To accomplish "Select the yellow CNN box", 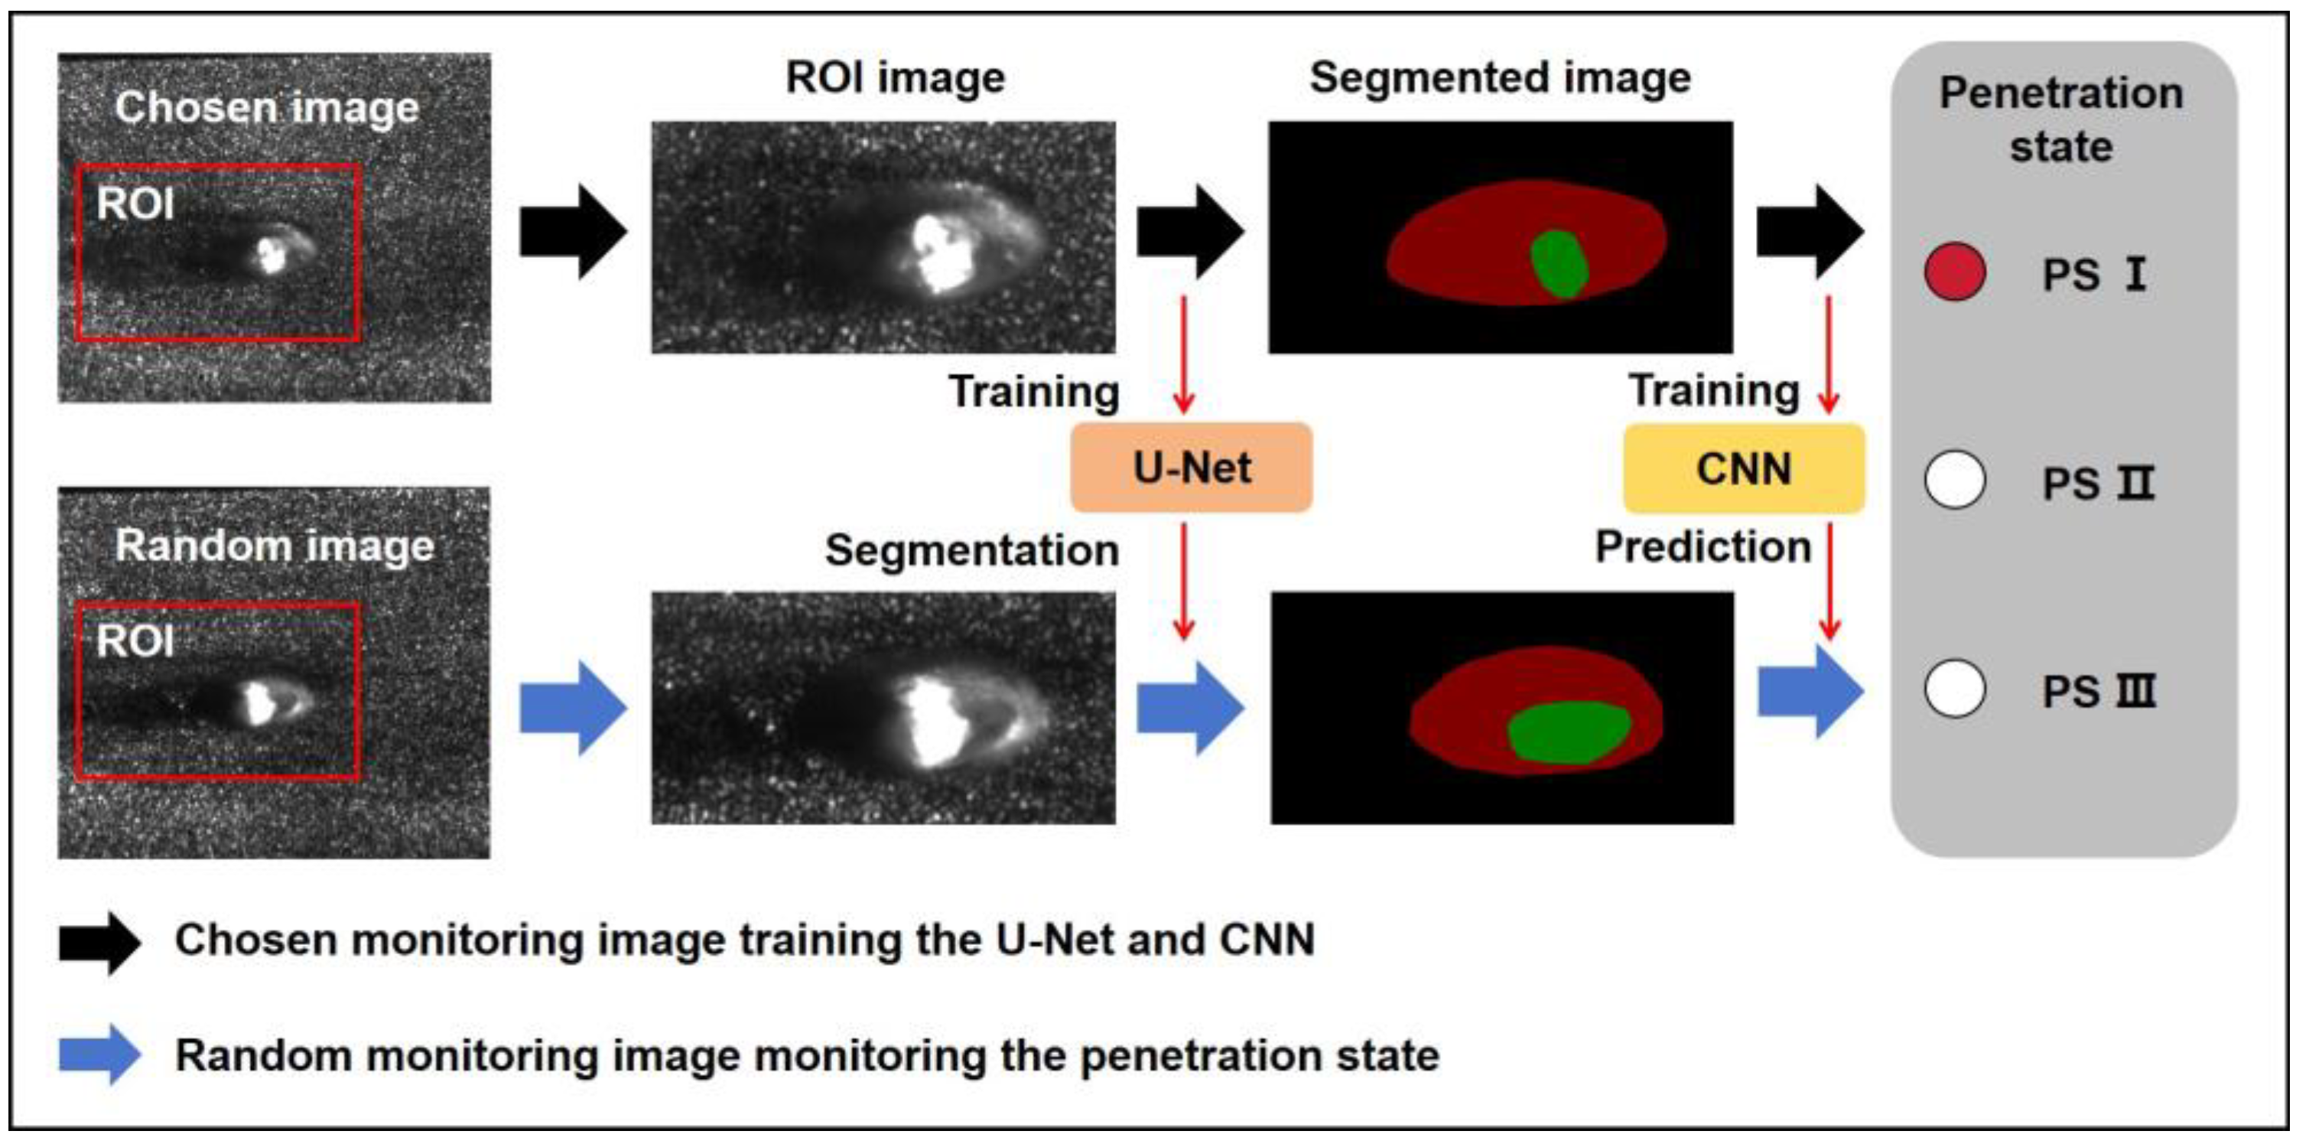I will pyautogui.click(x=1743, y=469).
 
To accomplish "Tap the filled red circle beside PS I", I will pyautogui.click(x=1954, y=272).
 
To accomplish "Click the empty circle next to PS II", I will pyautogui.click(x=1954, y=480).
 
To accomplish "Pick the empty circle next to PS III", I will pyautogui.click(x=1954, y=689).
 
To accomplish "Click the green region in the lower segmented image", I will pyautogui.click(x=1569, y=732).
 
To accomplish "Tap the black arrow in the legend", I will pyautogui.click(x=99, y=941).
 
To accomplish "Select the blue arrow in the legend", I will pyautogui.click(x=99, y=1054).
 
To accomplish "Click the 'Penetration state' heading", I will pyautogui.click(x=2060, y=119).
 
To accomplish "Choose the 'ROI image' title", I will pyautogui.click(x=895, y=77).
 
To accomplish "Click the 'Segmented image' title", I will pyautogui.click(x=1500, y=77).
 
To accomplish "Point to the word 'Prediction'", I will pyautogui.click(x=1702, y=546).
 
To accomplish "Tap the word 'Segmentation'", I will pyautogui.click(x=971, y=549).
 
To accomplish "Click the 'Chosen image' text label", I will pyautogui.click(x=266, y=108).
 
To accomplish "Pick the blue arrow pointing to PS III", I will pyautogui.click(x=1810, y=692).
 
